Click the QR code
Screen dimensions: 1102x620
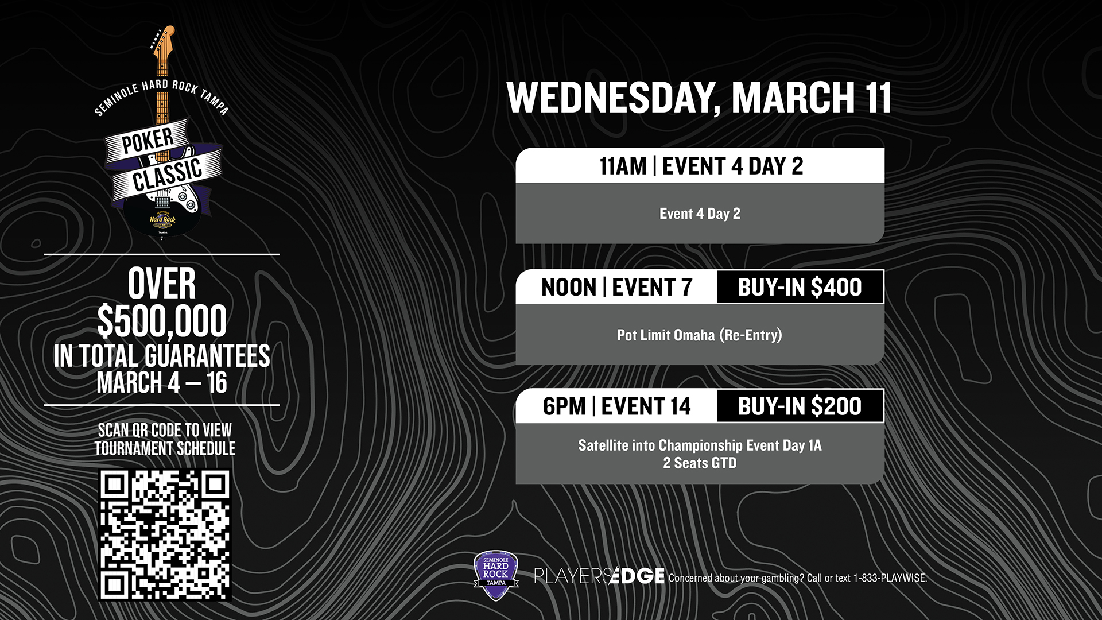coord(165,535)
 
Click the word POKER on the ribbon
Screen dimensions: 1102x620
coord(148,141)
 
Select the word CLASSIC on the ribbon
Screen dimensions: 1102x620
coord(168,176)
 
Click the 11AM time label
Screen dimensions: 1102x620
coord(623,166)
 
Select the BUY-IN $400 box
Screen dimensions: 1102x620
coord(800,287)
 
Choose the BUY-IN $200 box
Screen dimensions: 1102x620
coord(800,406)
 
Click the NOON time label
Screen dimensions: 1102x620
coord(569,288)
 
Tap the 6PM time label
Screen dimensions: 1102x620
coord(564,406)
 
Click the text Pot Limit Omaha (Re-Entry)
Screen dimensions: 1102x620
coord(699,335)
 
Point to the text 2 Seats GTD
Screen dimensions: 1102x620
coord(700,463)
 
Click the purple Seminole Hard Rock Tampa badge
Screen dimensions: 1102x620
coord(496,575)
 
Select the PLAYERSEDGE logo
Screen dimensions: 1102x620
coord(599,576)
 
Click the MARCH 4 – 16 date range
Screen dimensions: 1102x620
coord(162,383)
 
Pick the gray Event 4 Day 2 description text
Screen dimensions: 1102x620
coord(700,214)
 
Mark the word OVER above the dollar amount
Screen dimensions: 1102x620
coord(162,284)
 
